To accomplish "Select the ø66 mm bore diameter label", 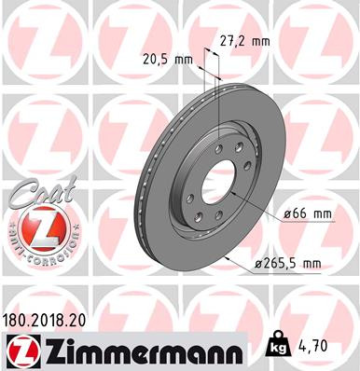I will coord(308,213).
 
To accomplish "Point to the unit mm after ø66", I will coord(322,213).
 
